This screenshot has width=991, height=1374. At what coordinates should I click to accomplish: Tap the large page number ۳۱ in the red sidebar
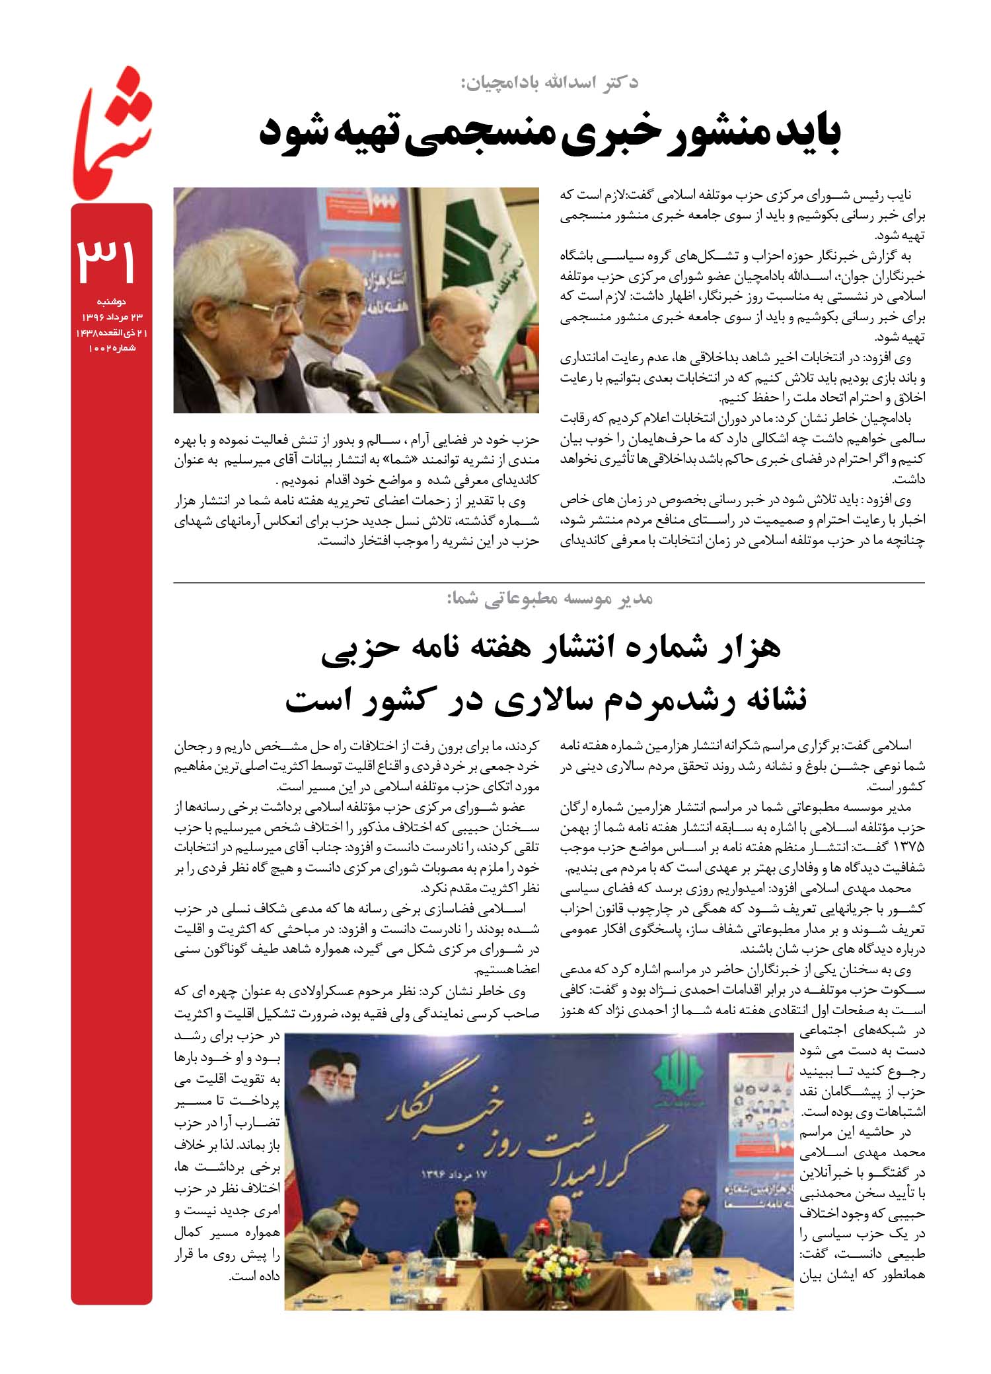click(108, 259)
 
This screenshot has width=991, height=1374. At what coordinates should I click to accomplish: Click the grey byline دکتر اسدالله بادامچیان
click(549, 83)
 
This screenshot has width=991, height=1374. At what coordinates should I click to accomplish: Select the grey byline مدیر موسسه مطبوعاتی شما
click(550, 599)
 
